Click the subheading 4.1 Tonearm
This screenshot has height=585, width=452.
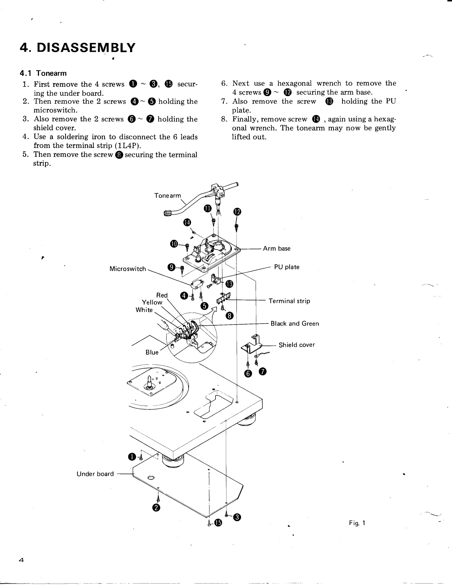click(43, 73)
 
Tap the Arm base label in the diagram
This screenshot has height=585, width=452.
click(277, 249)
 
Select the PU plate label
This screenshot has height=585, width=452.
click(287, 267)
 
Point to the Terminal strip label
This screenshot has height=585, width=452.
click(289, 301)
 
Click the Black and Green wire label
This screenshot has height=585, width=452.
click(295, 324)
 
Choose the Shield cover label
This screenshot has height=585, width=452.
click(297, 345)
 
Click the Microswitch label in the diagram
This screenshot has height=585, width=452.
click(128, 269)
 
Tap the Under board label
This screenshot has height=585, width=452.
click(95, 474)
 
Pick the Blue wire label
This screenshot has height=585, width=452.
click(152, 352)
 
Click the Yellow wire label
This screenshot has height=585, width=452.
click(152, 302)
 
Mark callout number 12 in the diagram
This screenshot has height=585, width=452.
click(237, 212)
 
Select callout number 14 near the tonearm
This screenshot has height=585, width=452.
click(187, 222)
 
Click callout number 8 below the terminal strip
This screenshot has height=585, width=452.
click(229, 316)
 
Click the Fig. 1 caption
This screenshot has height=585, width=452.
click(357, 523)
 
